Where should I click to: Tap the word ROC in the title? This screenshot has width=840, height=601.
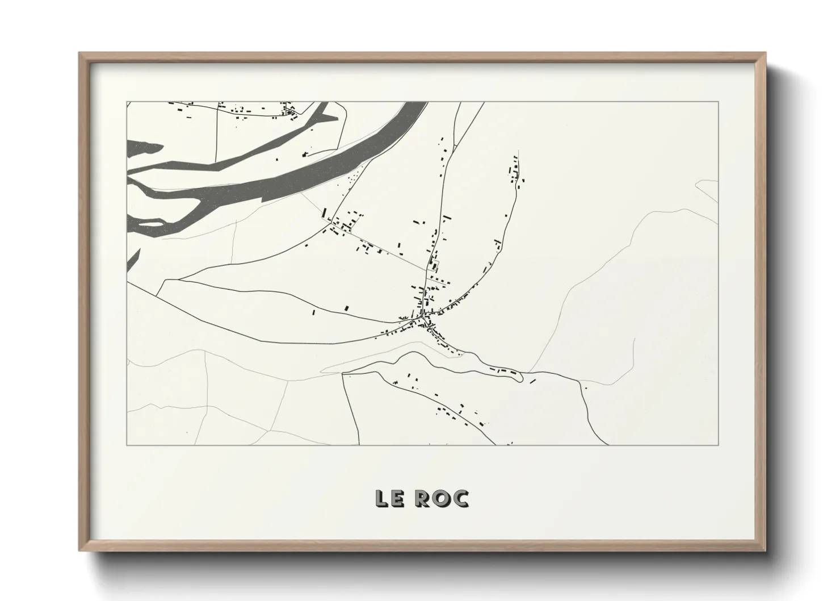click(442, 498)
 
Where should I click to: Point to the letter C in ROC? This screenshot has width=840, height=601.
click(460, 498)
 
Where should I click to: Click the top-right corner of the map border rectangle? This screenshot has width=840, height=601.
click(719, 102)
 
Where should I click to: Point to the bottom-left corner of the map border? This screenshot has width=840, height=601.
click(127, 445)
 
